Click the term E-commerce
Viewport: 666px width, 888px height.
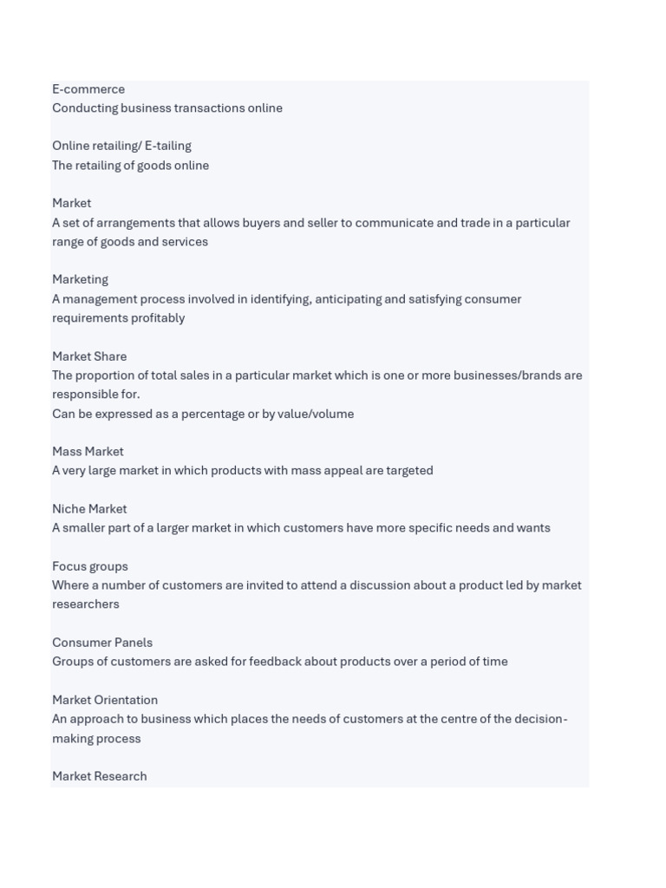point(88,89)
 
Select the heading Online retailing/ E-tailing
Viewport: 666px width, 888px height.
point(121,146)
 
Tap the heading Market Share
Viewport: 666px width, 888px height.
point(89,356)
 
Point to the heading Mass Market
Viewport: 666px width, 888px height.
point(88,452)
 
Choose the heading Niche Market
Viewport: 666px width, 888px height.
point(89,509)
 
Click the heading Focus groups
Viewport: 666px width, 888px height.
point(90,566)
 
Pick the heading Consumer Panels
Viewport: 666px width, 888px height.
point(102,643)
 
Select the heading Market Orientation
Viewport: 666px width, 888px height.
point(105,700)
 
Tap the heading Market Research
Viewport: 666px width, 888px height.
point(100,776)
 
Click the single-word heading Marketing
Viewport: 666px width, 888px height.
point(80,279)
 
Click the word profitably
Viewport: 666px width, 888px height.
point(159,318)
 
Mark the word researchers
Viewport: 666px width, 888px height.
point(86,604)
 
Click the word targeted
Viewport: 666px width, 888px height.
point(410,471)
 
